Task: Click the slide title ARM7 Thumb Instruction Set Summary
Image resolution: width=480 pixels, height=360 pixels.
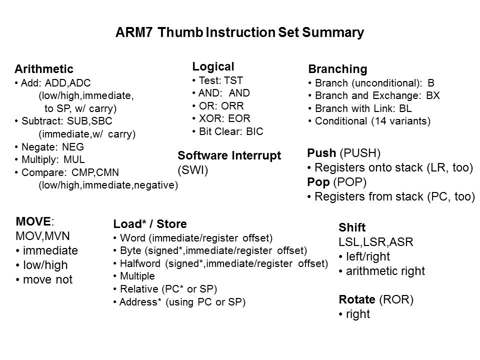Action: [239, 33]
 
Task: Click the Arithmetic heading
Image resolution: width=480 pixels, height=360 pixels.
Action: [44, 69]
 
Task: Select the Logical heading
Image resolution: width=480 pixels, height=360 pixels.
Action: [213, 66]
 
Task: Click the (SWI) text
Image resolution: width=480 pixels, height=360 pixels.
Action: [192, 170]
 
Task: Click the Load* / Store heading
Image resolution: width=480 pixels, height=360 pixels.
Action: [150, 223]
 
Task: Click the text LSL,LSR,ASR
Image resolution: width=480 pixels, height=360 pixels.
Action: [372, 243]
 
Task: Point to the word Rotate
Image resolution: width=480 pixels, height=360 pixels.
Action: [356, 300]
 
